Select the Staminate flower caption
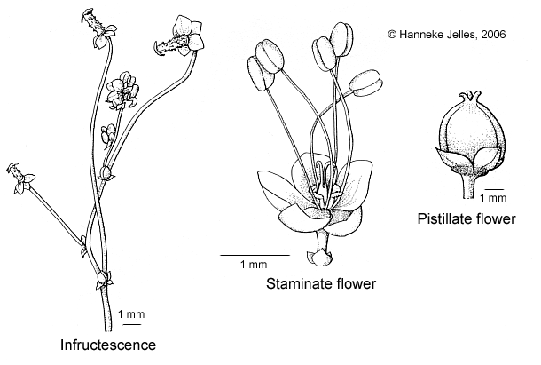[321, 284]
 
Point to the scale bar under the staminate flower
[255, 254]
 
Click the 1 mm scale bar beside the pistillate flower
[496, 188]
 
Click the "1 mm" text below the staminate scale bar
[254, 265]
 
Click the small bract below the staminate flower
[320, 258]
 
